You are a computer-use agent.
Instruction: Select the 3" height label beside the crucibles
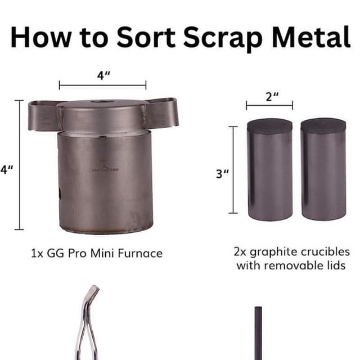(x=223, y=173)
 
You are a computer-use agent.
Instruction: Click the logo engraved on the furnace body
(x=105, y=168)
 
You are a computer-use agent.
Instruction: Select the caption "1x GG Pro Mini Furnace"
(x=96, y=253)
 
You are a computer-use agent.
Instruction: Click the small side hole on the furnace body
(x=59, y=194)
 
